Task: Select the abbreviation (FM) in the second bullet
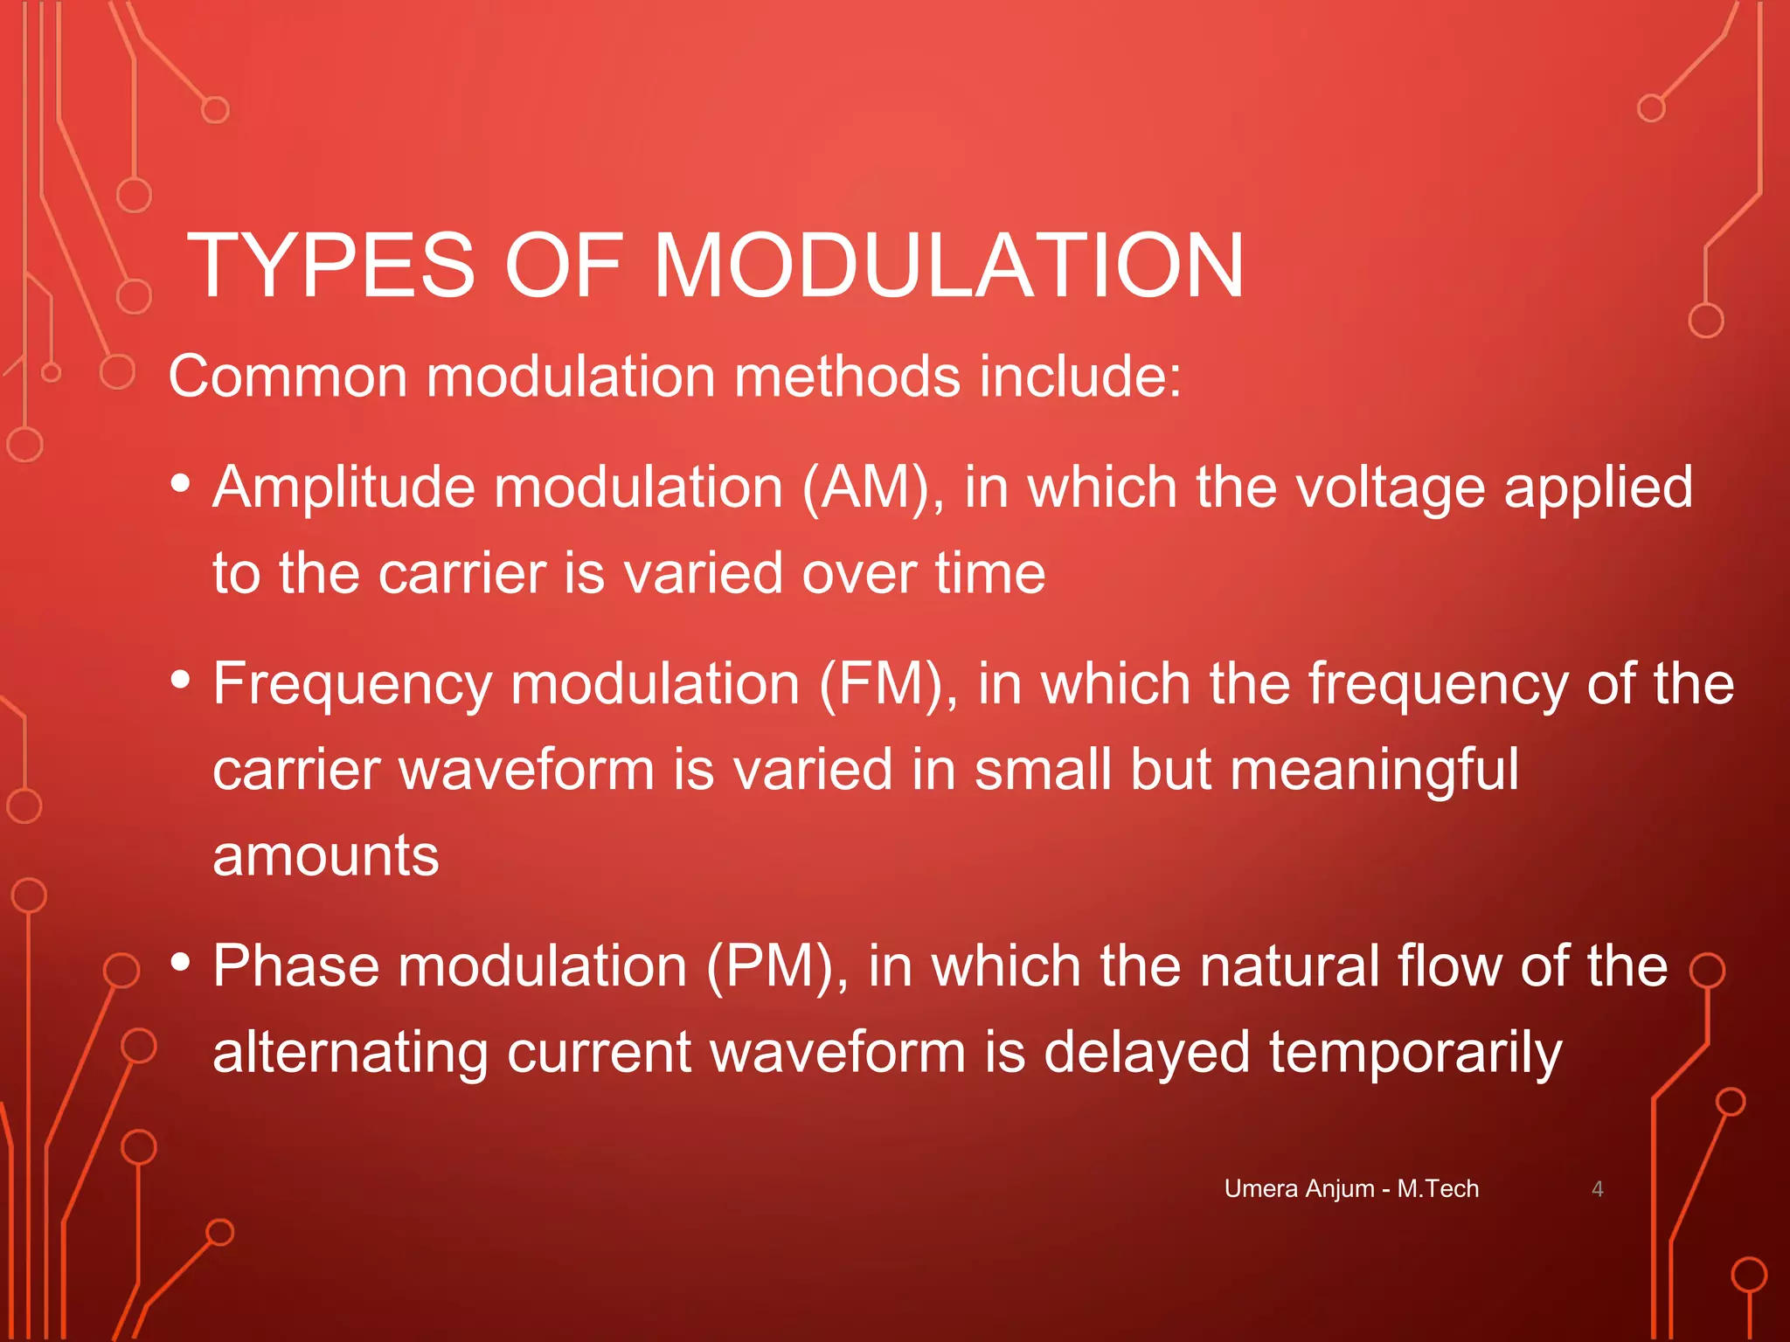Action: (x=888, y=683)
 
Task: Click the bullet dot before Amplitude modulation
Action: (x=181, y=483)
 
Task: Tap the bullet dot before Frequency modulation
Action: (x=181, y=679)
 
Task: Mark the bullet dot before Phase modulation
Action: (x=181, y=962)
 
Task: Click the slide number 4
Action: (x=1597, y=1189)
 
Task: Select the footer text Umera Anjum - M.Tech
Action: (x=1351, y=1189)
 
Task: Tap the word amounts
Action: (x=325, y=856)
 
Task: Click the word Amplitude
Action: (x=344, y=488)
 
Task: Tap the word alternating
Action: (x=350, y=1053)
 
